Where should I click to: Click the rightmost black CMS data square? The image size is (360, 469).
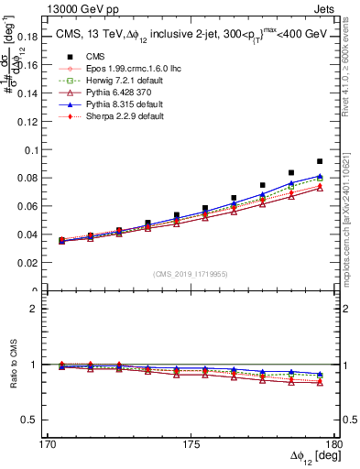tap(320, 161)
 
